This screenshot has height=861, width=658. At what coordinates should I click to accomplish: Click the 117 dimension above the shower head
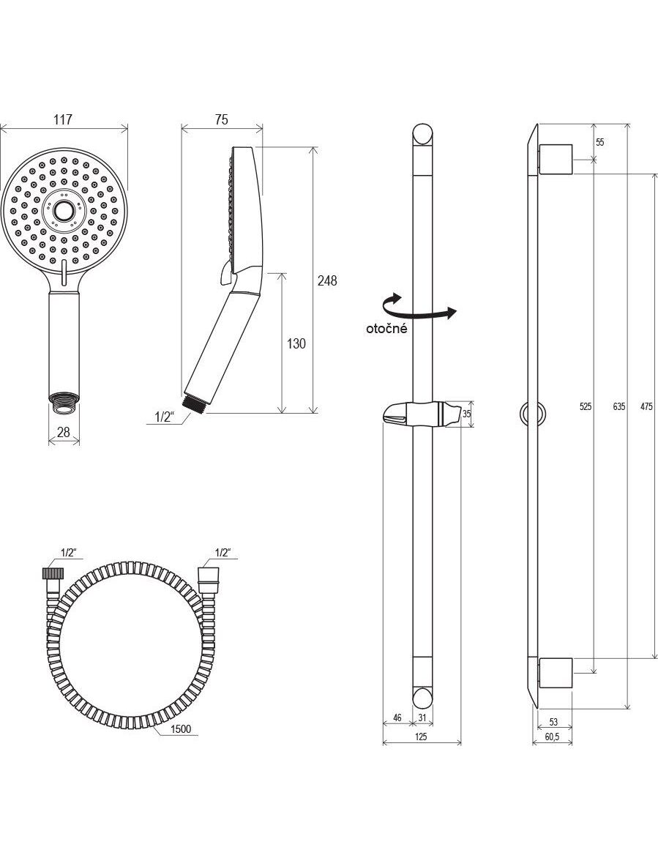(63, 120)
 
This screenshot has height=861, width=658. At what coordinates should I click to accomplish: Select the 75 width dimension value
(221, 120)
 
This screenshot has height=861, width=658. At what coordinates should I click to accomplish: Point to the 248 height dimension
(328, 280)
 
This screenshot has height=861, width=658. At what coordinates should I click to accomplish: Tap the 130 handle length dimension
(296, 344)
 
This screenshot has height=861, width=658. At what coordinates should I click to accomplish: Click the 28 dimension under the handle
(64, 432)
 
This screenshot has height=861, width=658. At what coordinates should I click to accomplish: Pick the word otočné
(387, 329)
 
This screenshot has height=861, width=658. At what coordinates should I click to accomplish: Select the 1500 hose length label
(181, 728)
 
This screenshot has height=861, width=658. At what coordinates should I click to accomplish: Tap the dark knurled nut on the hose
(51, 573)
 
